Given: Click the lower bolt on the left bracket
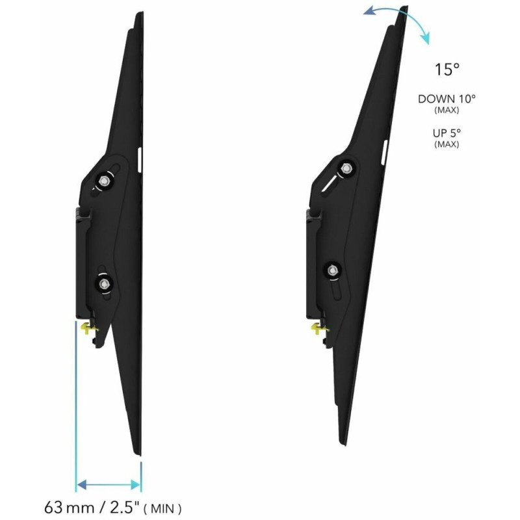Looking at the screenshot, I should [x=103, y=282].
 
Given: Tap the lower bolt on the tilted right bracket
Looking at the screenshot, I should [x=333, y=270].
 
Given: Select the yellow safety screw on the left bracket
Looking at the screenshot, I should [x=86, y=328].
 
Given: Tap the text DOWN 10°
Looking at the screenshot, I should [x=447, y=99].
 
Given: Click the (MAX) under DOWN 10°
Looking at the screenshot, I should [x=447, y=110].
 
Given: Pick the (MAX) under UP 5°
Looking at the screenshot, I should [x=447, y=144].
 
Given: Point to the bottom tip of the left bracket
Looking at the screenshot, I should [x=138, y=453].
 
